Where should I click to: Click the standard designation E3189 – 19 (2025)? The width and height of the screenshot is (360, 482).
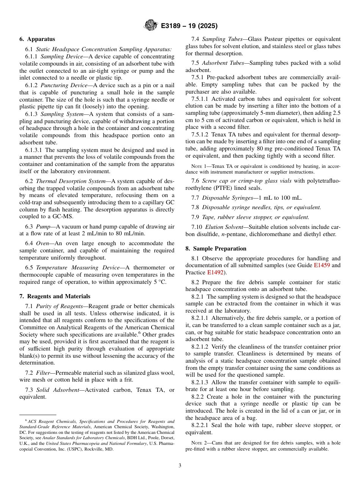click(189, 26)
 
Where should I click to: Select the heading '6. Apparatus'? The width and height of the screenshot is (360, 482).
click(37, 39)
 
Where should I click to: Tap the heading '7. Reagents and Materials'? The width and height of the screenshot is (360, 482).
click(55, 296)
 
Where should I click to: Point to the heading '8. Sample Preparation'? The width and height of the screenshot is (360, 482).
click(216, 249)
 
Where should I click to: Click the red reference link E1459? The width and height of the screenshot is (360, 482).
click(322, 266)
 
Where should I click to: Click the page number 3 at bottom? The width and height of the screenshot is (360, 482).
click(180, 465)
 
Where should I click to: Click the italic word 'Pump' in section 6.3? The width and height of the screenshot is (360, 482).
click(43, 227)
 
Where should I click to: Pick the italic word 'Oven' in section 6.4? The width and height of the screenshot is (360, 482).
click(42, 243)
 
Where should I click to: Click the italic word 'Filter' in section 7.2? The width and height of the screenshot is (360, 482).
click(43, 373)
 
